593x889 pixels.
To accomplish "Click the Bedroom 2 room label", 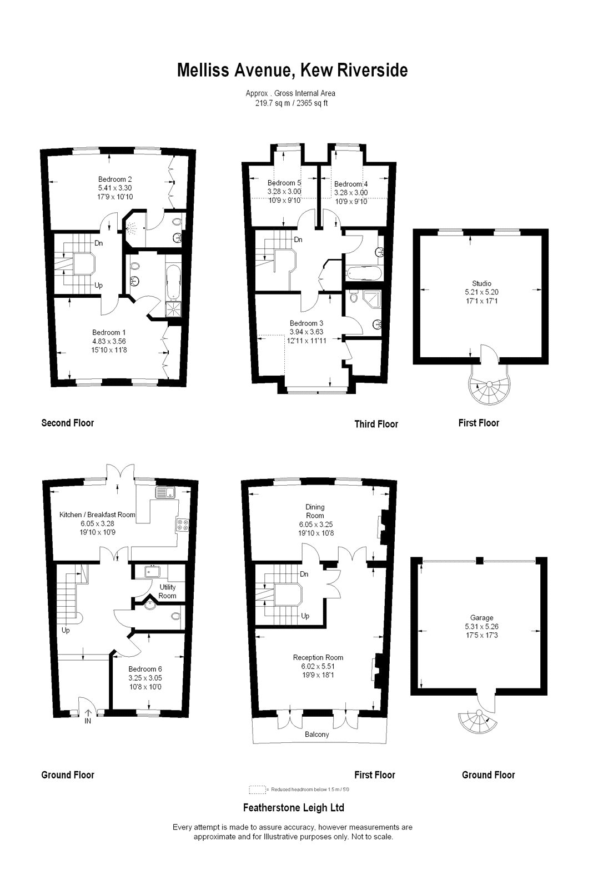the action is point(115,179).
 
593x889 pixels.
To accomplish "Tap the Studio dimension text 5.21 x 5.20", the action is point(481,292).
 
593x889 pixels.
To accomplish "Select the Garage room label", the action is point(481,617).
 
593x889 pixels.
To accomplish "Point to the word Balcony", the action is point(317,734).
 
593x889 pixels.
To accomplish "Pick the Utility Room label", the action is point(167,591).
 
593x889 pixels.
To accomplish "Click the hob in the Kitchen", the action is point(183,525).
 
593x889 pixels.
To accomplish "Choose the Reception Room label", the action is point(318,658).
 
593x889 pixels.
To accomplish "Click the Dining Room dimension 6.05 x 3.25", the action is point(316,525).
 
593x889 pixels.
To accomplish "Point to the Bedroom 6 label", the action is point(145,669).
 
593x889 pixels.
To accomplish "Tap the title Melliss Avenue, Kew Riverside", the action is point(292,70).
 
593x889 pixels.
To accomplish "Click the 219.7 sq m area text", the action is point(273,103).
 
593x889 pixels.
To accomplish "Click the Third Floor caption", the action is point(376,424).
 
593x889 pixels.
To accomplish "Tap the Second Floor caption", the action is point(67,423).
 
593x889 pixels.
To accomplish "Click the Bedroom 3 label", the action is point(306,323).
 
